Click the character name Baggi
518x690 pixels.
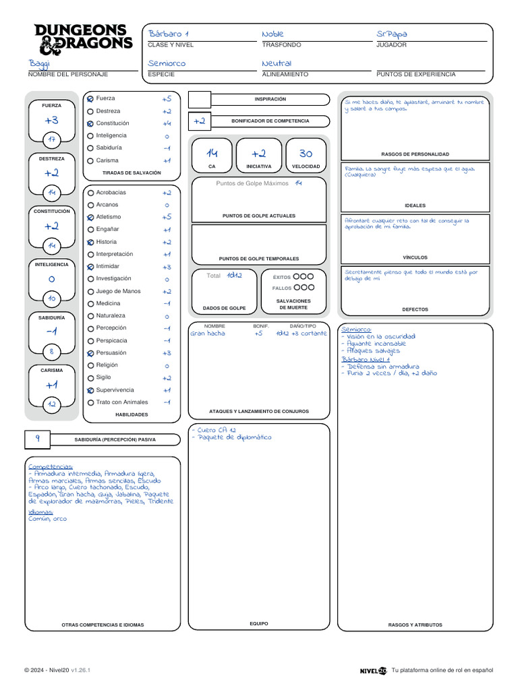tap(39, 63)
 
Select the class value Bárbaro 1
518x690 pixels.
tap(168, 34)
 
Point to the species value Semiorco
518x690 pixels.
tap(166, 63)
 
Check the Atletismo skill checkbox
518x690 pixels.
tap(90, 217)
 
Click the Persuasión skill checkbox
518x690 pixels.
tap(90, 353)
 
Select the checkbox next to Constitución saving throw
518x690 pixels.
tap(90, 124)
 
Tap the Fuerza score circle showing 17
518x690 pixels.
tap(51, 139)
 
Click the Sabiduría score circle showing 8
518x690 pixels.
tap(51, 351)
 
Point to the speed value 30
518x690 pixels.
tap(306, 154)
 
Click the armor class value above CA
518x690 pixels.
tap(212, 154)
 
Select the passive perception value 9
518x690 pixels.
tap(38, 438)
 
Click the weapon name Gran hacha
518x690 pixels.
tap(208, 334)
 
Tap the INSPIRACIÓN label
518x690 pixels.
tap(270, 99)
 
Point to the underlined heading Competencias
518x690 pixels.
tap(51, 466)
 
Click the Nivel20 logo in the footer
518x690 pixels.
tap(373, 670)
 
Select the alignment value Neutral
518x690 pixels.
tap(277, 63)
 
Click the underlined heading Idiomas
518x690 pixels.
tap(41, 512)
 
